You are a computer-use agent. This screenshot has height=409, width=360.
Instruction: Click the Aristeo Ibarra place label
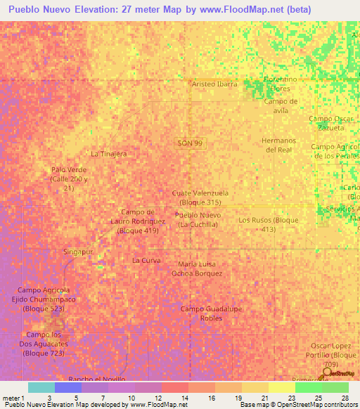214,84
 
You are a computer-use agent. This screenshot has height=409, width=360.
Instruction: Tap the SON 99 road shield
190,143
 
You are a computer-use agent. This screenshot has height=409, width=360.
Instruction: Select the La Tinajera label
108,153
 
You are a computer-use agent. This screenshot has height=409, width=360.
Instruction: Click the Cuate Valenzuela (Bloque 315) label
200,197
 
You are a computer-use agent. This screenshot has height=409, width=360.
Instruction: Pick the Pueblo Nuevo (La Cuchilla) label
198,219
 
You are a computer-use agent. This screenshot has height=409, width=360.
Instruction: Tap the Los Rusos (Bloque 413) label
268,224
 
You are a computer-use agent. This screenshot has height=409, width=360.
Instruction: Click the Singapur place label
78,252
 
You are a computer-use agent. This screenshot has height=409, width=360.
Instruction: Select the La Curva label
147,261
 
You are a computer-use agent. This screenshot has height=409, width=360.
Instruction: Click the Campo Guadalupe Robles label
201,313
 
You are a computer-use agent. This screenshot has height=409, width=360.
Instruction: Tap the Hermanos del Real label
276,145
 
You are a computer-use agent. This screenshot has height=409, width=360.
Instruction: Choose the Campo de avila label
281,105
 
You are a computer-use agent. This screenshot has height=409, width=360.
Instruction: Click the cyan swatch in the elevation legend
41,387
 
